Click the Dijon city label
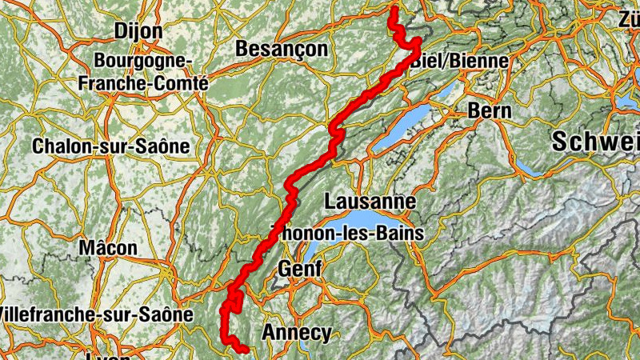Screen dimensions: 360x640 coord(138,30)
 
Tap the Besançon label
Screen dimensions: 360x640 coord(282,49)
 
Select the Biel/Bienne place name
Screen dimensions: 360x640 coord(459,61)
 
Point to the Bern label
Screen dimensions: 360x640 coord(490,111)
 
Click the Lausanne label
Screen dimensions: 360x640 coord(370,201)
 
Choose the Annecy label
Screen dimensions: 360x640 coord(296,333)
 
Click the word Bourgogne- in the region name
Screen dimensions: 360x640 coord(142,61)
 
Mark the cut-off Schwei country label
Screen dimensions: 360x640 coord(597,142)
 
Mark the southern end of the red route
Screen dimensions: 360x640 coord(244,349)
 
